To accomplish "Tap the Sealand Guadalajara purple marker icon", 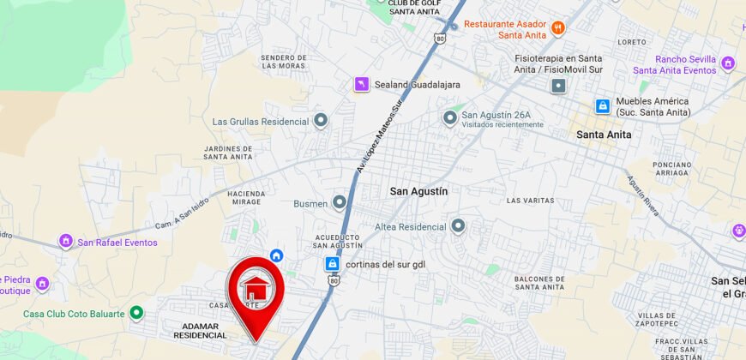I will click(x=362, y=84).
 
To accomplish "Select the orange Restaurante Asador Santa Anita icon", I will click(x=558, y=27).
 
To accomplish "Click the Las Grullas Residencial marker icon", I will click(x=321, y=121).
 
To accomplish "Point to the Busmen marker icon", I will click(x=340, y=203).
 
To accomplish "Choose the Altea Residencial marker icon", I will click(x=458, y=226).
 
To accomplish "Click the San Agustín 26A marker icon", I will click(x=450, y=117).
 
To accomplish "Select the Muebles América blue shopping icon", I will click(x=603, y=106).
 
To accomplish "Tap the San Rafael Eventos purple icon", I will click(x=66, y=242).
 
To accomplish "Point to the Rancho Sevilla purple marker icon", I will click(x=728, y=63).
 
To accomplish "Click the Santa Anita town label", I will click(x=604, y=135).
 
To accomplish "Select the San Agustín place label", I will click(x=418, y=191).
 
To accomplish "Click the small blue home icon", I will click(x=276, y=255).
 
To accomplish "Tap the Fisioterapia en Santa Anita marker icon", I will click(x=558, y=86).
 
